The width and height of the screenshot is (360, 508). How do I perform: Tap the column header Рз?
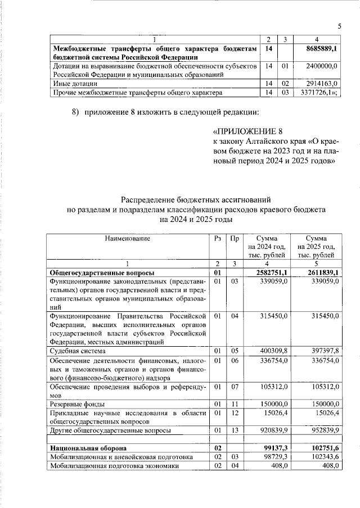pos(217,238)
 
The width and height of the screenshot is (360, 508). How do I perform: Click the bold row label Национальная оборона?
pos(87,448)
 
